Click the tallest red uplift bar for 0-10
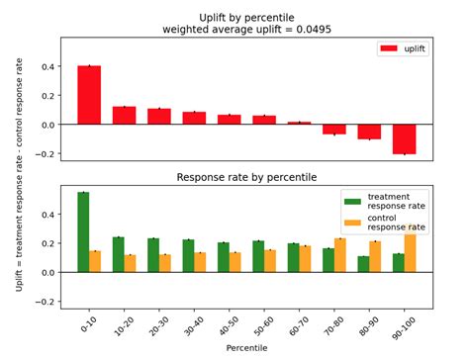pos(89,95)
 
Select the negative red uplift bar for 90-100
pos(404,138)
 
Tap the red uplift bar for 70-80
pos(334,129)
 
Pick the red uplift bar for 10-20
pos(124,115)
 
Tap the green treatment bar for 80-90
pos(363,264)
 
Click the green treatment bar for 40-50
pos(224,257)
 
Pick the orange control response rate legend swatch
pos(351,221)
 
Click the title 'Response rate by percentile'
pos(246,178)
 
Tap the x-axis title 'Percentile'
pos(245,349)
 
